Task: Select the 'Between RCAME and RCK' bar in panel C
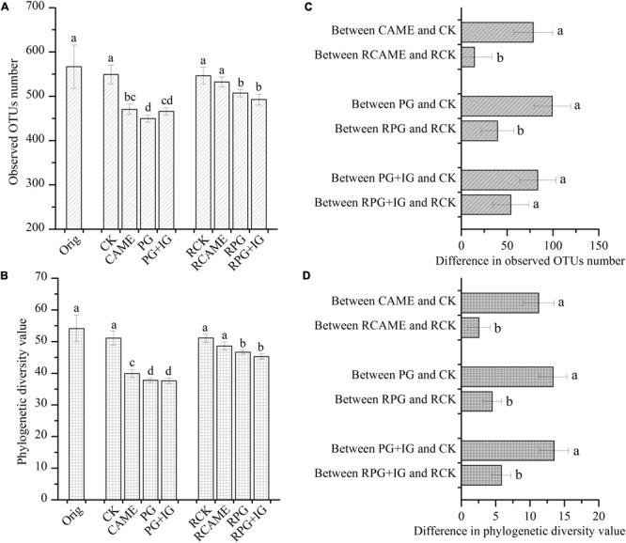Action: point(468,56)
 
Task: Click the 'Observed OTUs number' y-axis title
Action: point(13,117)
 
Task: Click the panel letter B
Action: point(7,276)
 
